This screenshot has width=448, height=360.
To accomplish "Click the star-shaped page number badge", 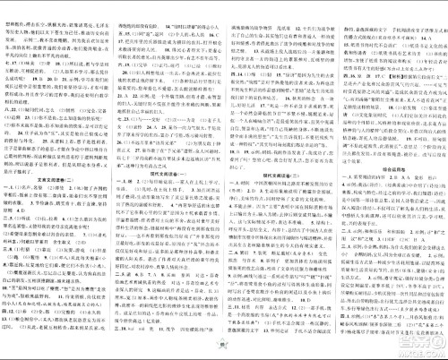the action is [224, 350].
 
